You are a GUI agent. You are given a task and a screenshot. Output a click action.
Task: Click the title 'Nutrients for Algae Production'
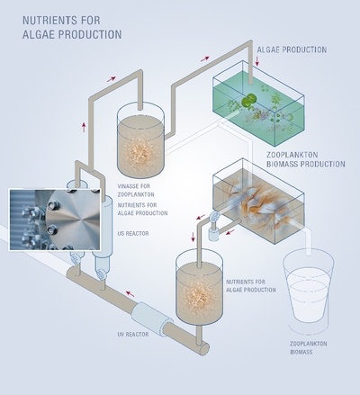click(x=72, y=27)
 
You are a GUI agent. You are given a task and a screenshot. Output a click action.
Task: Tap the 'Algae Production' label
click(x=292, y=49)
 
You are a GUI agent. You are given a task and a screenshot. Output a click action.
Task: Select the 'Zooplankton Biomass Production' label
click(x=306, y=159)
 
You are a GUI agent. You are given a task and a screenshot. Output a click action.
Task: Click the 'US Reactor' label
click(x=133, y=233)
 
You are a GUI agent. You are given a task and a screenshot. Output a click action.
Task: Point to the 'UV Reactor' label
click(x=133, y=334)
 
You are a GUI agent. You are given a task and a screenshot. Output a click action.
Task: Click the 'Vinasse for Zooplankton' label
click(x=136, y=190)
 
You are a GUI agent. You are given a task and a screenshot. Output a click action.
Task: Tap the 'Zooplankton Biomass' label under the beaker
click(x=309, y=347)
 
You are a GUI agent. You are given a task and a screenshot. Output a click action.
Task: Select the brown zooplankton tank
click(x=258, y=201)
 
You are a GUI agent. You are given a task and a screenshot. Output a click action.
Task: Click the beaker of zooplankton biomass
click(x=309, y=290)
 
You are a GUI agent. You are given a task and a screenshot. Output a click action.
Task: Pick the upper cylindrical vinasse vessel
click(x=140, y=139)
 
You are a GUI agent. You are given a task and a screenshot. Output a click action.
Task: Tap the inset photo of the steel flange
click(x=55, y=220)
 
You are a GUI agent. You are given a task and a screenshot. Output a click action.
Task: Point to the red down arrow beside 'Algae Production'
click(x=257, y=61)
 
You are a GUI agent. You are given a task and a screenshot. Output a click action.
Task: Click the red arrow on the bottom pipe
click(x=130, y=293)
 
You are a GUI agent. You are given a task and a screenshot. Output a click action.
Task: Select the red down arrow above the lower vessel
click(x=193, y=237)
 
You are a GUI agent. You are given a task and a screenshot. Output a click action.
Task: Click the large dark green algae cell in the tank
click(x=248, y=100)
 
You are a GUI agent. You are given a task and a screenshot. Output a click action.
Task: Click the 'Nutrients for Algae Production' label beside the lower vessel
click(x=251, y=286)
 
